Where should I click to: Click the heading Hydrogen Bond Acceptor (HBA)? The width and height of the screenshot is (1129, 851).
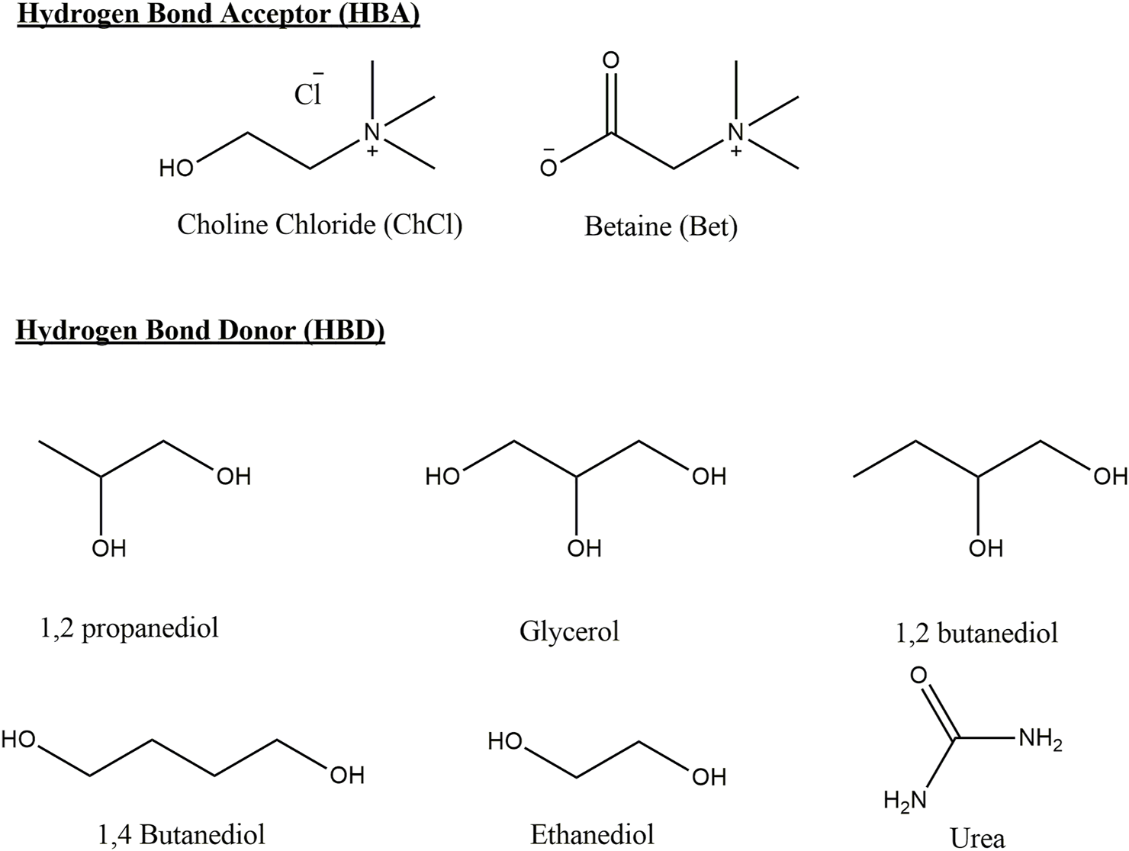218,15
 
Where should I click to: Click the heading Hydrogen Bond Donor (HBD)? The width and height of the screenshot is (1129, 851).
200,330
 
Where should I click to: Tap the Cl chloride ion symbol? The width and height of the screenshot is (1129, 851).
308,94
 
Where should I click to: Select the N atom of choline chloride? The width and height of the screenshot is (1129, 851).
372,132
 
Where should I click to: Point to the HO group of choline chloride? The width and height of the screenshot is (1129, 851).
176,169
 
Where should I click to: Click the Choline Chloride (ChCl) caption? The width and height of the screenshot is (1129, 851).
320,225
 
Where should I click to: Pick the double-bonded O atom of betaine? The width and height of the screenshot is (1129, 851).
610,60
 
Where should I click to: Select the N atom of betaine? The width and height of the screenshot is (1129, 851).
735,132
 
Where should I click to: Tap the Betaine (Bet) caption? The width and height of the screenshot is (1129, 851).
661,226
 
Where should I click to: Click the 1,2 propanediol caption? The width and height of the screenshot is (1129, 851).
129,628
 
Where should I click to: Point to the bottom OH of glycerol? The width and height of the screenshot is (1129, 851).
584,548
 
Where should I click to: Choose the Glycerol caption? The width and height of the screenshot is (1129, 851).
569,631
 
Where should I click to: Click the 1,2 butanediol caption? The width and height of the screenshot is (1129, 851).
976,633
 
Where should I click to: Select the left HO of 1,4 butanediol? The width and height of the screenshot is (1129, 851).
20,739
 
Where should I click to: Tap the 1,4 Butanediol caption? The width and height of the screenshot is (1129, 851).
182,833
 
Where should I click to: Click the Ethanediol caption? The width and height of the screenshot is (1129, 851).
592,833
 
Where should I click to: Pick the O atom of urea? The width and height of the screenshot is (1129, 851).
918,676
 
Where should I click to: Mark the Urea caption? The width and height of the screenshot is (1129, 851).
977,837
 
